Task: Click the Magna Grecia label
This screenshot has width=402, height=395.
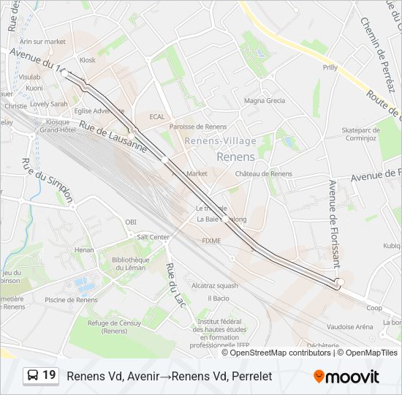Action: (x=265, y=101)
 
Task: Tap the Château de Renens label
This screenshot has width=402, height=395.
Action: (x=263, y=174)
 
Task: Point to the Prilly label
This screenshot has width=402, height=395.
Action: (x=330, y=67)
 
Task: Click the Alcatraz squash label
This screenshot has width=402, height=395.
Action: (x=214, y=285)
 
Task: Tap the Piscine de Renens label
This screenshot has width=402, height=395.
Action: (x=71, y=300)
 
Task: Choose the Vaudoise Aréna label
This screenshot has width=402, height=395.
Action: (x=350, y=327)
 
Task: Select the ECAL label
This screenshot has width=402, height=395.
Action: (x=157, y=116)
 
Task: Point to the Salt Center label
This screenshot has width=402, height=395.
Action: (x=153, y=237)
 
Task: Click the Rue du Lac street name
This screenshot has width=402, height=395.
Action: (x=175, y=284)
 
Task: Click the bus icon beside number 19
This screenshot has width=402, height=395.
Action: (x=33, y=375)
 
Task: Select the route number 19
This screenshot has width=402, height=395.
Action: (x=49, y=375)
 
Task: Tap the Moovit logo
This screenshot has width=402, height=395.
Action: (x=346, y=377)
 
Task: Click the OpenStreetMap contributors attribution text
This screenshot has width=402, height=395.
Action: (x=281, y=353)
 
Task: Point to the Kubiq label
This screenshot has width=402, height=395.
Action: (x=391, y=246)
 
